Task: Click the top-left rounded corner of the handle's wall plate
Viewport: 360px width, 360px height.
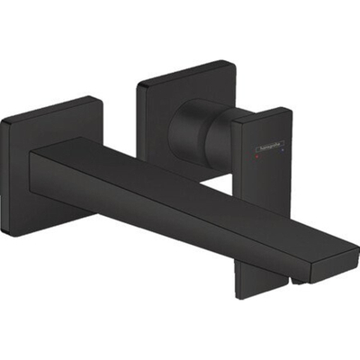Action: point(141,84)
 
